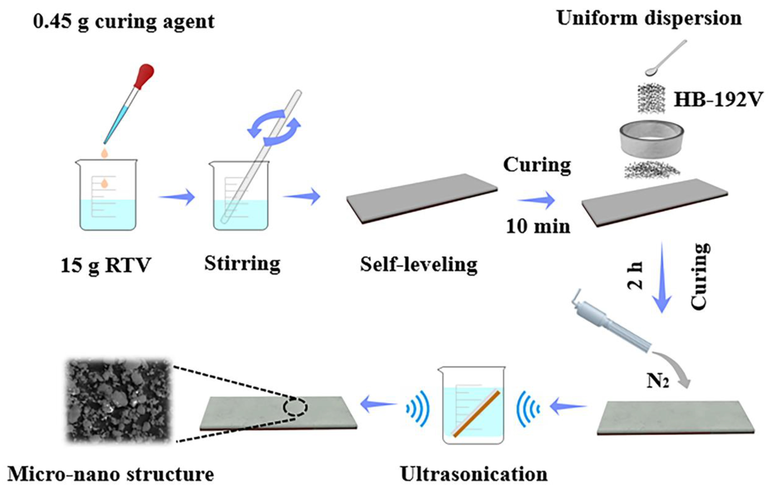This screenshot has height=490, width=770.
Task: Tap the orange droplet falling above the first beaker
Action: [x=105, y=153]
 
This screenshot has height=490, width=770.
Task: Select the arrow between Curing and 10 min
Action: [x=536, y=200]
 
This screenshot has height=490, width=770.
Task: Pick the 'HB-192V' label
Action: [x=718, y=100]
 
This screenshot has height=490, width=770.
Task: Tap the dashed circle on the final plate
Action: [x=295, y=407]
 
